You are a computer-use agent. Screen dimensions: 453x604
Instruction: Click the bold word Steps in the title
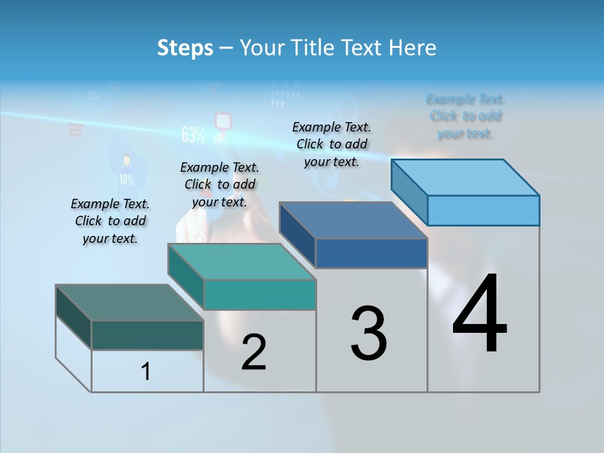click(185, 48)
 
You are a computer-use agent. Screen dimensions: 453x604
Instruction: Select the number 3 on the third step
click(369, 333)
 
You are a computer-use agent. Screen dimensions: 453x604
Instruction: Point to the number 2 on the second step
click(254, 352)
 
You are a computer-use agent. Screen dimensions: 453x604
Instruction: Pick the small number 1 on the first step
click(146, 371)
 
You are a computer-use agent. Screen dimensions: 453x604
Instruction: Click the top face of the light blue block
click(466, 177)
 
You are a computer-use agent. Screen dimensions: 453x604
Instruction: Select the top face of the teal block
click(242, 262)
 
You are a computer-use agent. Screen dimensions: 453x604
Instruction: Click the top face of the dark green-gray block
click(130, 303)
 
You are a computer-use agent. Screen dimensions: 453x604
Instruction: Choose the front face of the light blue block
click(483, 210)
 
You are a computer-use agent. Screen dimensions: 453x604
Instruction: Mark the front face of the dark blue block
click(371, 253)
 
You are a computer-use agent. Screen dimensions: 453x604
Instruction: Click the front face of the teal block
click(259, 294)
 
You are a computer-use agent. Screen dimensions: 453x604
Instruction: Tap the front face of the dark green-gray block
click(147, 335)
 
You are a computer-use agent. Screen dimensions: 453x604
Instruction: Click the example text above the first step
click(110, 221)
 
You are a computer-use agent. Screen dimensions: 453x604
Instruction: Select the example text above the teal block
click(220, 184)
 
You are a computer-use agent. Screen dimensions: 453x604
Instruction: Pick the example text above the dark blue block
click(332, 144)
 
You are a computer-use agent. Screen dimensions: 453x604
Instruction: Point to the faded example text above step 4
click(466, 116)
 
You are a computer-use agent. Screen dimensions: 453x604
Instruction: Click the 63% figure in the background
click(193, 135)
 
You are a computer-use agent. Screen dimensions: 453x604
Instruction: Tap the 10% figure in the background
click(126, 180)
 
